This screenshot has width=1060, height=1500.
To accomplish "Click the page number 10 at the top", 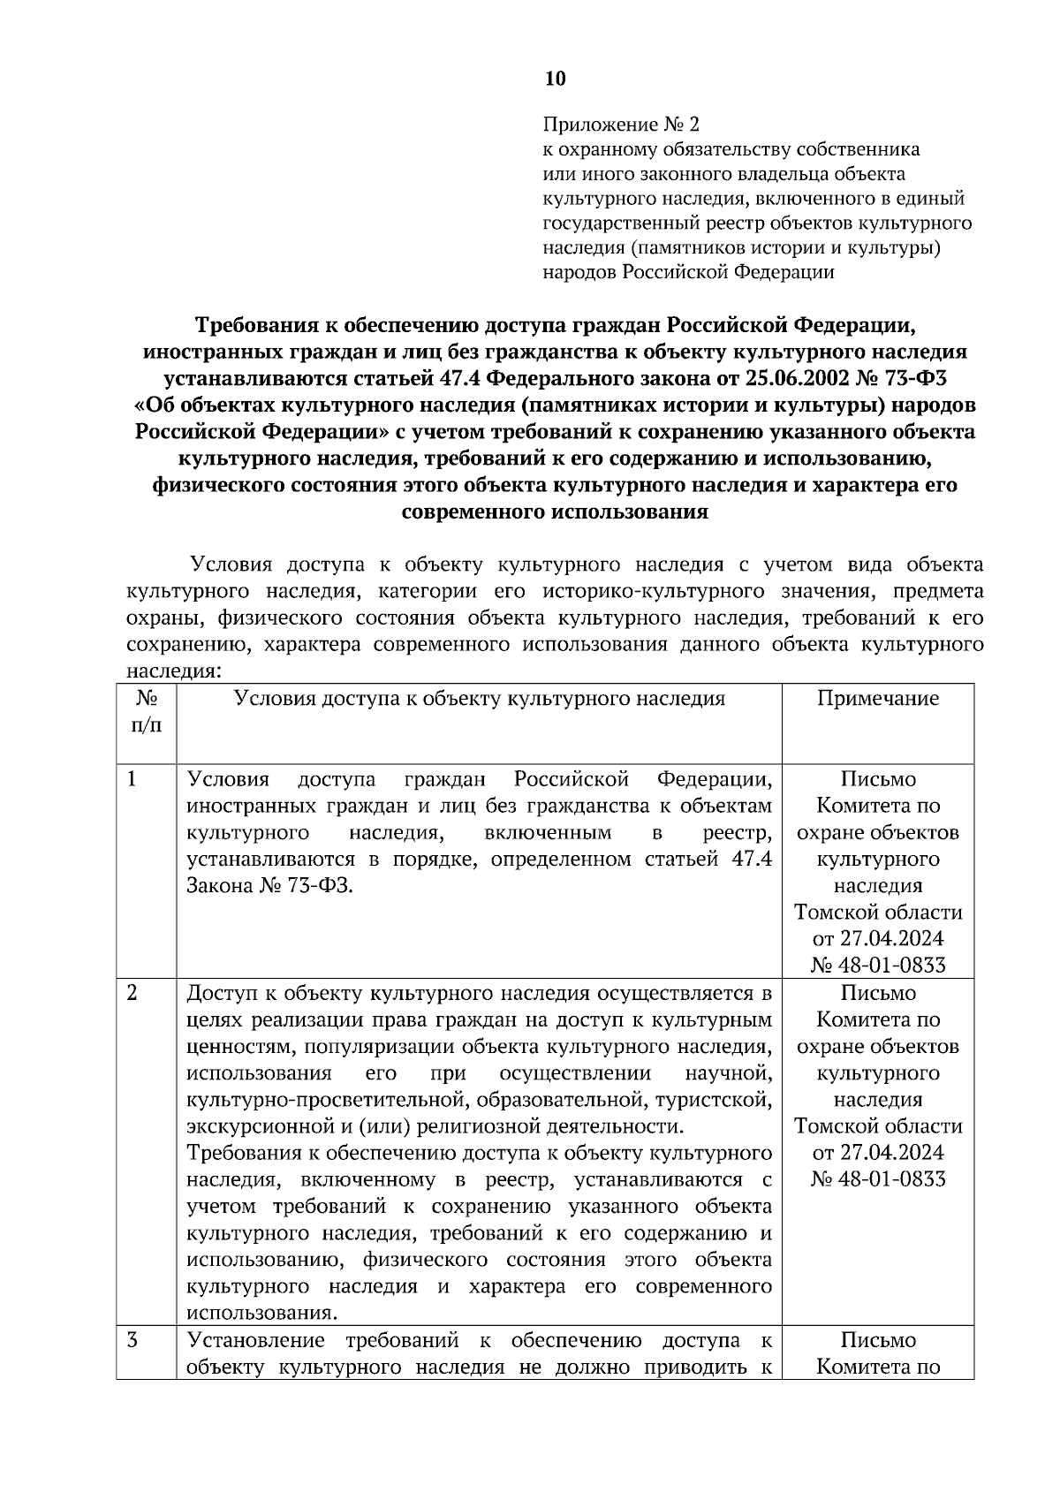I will pos(555,79).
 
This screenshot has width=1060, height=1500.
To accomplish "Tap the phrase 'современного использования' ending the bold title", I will pos(555,511).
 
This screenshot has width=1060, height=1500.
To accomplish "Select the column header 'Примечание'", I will pos(877,699).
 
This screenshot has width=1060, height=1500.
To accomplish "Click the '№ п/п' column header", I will pos(147,712).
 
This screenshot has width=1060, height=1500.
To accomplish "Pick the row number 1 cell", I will pos(132,779).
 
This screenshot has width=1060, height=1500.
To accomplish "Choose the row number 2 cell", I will pos(132,993).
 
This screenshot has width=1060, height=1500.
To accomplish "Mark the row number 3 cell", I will pos(132,1340).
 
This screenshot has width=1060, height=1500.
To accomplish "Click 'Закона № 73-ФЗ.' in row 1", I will pos(269,886).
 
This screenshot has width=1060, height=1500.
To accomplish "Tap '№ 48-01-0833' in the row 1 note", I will pos(878,966).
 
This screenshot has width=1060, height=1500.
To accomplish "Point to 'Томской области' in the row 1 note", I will pos(878,913).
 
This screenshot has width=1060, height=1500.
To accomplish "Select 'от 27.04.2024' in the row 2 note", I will pos(878,1153).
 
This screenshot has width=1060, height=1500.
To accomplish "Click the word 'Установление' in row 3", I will pos(256,1340).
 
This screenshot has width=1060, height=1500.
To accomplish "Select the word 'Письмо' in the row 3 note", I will pos(878,1340).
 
